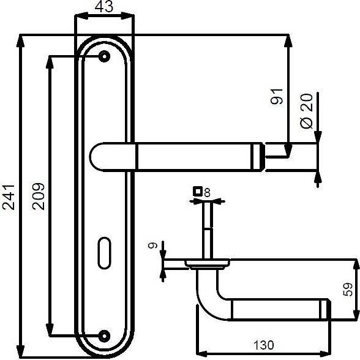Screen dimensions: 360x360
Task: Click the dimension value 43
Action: [x=104, y=7]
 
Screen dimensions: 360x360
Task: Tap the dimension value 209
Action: [x=38, y=197]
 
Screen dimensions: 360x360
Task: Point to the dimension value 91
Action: [x=277, y=97]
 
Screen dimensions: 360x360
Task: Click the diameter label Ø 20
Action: [x=307, y=111]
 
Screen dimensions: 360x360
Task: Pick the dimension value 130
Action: [x=263, y=345]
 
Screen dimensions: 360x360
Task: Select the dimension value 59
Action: [x=347, y=290]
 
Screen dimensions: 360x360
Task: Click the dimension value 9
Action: [x=152, y=246]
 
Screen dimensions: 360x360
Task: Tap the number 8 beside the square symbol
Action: [x=207, y=193]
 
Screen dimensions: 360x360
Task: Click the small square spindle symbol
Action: [x=198, y=191]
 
